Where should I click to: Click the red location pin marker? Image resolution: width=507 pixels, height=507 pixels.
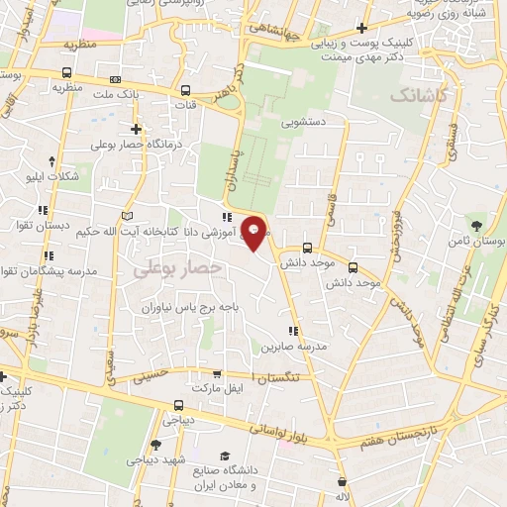coord(254,234)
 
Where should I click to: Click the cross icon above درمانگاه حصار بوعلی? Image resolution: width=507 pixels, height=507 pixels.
coord(136,129)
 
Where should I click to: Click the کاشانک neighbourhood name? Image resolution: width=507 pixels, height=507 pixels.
coord(418,96)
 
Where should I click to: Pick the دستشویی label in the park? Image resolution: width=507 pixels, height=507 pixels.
coord(303,125)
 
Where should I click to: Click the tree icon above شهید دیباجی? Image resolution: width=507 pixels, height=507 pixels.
coord(156,445)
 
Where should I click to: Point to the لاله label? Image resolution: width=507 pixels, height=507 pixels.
coord(343,495)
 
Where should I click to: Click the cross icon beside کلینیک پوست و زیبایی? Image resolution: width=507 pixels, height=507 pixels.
coord(363,28)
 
